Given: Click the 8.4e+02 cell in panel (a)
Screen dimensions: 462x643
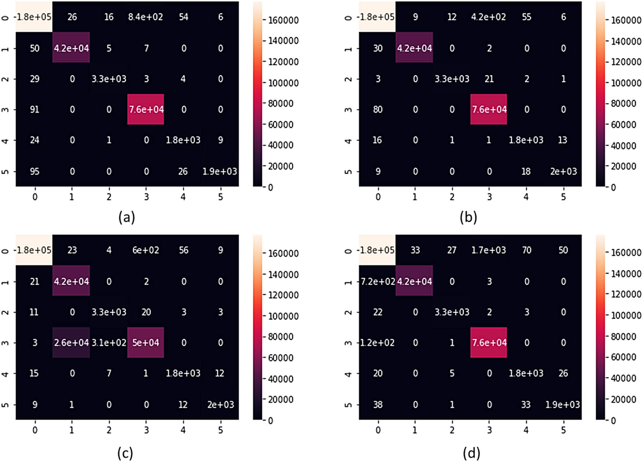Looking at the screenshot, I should click(146, 17).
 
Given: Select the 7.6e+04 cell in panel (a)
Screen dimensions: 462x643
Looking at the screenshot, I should click(146, 109).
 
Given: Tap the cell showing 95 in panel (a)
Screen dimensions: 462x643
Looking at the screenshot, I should click(34, 172).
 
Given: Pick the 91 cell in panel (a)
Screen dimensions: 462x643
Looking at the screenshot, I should click(34, 109).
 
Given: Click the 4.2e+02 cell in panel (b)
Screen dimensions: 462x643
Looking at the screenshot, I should click(489, 17).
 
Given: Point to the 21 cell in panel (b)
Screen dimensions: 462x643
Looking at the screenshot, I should click(489, 79).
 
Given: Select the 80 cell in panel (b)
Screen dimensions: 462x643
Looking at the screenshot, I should click(377, 109).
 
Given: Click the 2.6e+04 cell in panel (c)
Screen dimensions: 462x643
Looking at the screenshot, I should click(71, 343).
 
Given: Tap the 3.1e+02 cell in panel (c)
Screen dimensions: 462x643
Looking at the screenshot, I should click(109, 343).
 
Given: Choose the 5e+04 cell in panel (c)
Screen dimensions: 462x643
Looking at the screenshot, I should click(146, 343).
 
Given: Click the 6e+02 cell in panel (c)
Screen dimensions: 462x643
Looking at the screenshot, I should click(146, 250).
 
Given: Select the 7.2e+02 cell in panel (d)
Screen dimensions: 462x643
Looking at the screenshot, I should click(377, 282).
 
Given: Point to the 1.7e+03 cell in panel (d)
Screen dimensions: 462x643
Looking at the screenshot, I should click(489, 250).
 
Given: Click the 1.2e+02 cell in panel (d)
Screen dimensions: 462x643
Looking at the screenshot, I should click(377, 343).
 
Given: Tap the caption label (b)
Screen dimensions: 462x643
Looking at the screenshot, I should click(468, 217).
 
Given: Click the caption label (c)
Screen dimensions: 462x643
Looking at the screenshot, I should click(125, 453).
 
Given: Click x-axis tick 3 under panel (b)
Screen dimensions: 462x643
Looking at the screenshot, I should click(489, 197).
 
